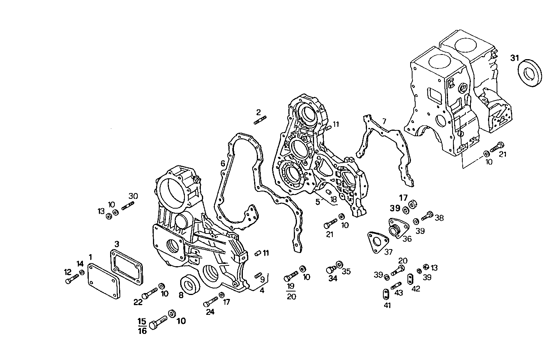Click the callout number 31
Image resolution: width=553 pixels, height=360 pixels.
514,58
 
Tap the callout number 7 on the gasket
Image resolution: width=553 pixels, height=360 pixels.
384,121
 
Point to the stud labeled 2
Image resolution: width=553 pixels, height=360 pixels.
260,121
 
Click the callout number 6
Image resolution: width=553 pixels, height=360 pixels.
223,163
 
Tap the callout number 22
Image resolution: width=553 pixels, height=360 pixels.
138,302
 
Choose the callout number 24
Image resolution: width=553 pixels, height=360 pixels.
210,312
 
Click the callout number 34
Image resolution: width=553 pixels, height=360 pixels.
332,279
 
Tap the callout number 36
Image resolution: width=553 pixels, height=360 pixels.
407,239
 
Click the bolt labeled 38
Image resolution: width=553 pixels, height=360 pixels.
428,214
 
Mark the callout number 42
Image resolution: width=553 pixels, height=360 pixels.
416,288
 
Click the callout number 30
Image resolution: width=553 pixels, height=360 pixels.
133,196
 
